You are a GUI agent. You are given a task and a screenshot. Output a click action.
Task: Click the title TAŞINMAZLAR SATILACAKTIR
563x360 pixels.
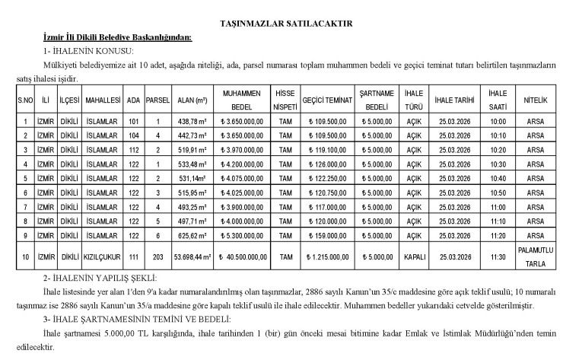click(x=281, y=24)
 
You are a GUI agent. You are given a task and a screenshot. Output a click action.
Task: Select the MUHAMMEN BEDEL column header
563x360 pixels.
click(x=242, y=100)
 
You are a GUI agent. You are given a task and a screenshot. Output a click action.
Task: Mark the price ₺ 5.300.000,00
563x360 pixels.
click(x=242, y=236)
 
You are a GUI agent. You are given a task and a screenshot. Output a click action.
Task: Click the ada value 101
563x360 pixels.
click(x=134, y=121)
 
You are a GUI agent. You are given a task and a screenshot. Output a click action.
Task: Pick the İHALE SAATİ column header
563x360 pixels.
click(x=498, y=100)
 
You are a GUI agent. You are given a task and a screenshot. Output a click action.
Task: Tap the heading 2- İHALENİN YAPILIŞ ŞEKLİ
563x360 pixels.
click(x=98, y=279)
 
